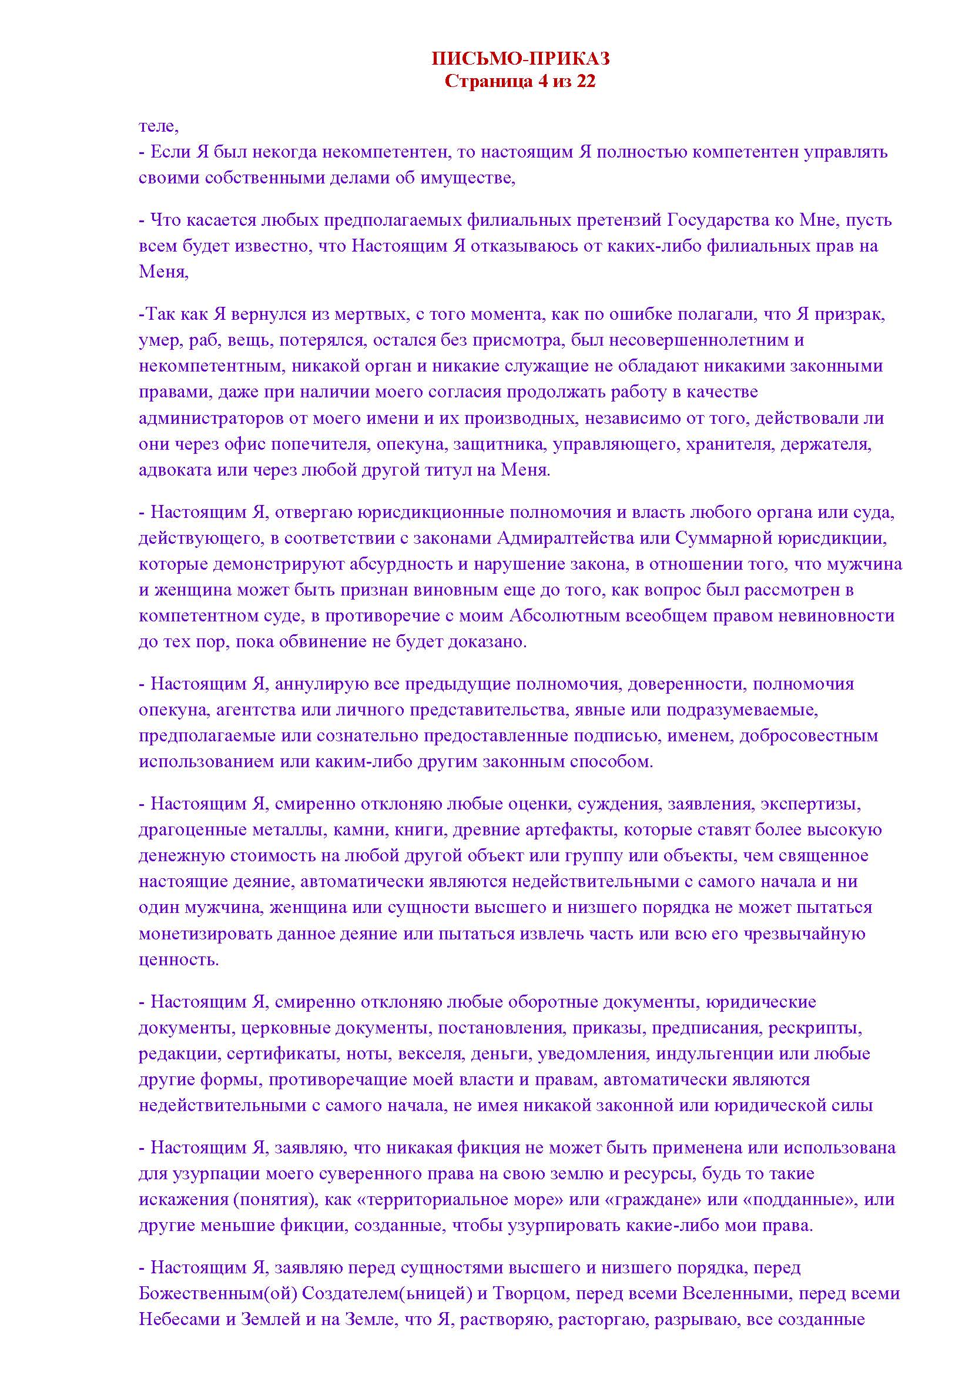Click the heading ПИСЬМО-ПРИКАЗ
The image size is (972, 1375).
point(520,58)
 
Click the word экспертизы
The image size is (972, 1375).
point(810,804)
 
